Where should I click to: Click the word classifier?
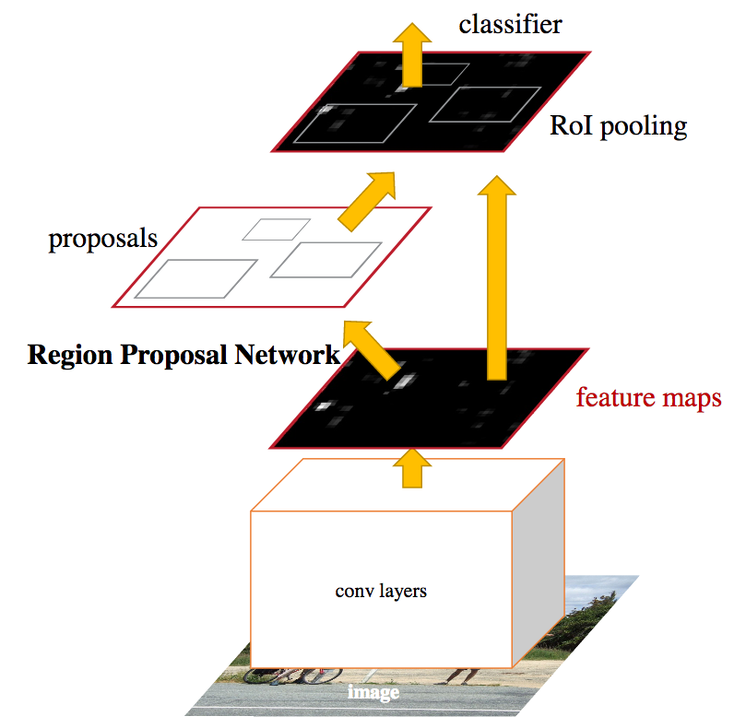(510, 23)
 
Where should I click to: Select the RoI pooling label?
(618, 125)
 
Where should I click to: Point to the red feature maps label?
(648, 398)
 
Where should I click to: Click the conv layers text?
(381, 591)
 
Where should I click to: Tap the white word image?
(373, 692)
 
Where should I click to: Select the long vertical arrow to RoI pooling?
(497, 276)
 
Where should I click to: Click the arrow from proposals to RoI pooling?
(368, 202)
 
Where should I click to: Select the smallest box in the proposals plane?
(277, 229)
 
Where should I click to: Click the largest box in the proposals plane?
(195, 278)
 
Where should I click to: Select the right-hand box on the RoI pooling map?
(485, 104)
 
